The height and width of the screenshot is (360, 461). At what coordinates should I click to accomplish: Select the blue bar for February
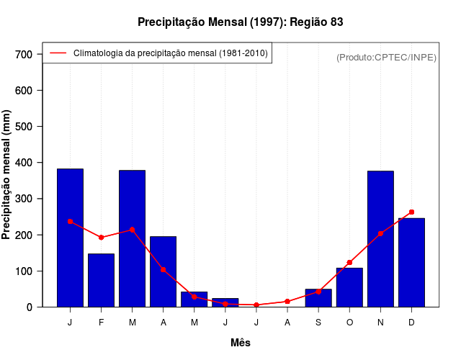click(101, 280)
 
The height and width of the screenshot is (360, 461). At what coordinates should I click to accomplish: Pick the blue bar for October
click(349, 287)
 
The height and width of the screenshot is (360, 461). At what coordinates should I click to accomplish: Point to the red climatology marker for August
click(287, 302)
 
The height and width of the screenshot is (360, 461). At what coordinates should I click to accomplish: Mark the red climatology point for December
click(411, 212)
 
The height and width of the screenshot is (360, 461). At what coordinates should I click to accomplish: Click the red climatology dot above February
click(101, 238)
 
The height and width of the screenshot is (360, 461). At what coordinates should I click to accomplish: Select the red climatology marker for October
click(349, 263)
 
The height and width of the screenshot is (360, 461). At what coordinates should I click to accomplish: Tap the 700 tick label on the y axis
click(24, 54)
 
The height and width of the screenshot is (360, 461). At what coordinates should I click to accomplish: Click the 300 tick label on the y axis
click(24, 199)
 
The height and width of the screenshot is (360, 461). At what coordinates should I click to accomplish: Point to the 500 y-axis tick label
click(24, 127)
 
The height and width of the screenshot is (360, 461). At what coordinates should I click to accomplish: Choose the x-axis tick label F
click(101, 323)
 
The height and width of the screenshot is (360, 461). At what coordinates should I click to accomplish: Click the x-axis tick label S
click(318, 323)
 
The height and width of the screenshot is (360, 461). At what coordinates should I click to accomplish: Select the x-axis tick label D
click(411, 323)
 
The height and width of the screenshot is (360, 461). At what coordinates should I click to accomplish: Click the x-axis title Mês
click(241, 343)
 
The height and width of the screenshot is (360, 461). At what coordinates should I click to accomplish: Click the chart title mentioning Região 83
click(241, 22)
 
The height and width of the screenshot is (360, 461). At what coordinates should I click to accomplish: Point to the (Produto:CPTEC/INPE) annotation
click(386, 57)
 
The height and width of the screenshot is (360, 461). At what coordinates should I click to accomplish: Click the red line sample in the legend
click(58, 53)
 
